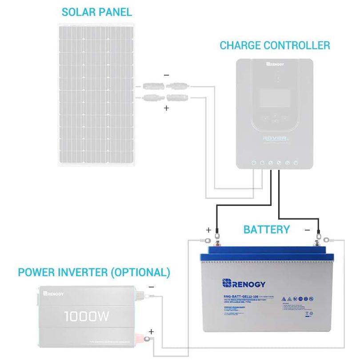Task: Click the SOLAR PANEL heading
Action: [x=97, y=12]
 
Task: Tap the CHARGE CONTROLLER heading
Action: [x=275, y=45]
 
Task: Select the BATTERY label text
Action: [x=266, y=230]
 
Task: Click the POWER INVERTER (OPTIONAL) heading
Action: [x=94, y=272]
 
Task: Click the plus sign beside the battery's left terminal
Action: [x=208, y=230]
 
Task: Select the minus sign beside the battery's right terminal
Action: [x=307, y=230]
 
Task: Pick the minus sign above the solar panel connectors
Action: [x=166, y=76]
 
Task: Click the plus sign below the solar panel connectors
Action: [x=166, y=108]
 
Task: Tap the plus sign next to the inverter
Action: [x=151, y=332]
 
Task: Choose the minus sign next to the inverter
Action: [x=151, y=287]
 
